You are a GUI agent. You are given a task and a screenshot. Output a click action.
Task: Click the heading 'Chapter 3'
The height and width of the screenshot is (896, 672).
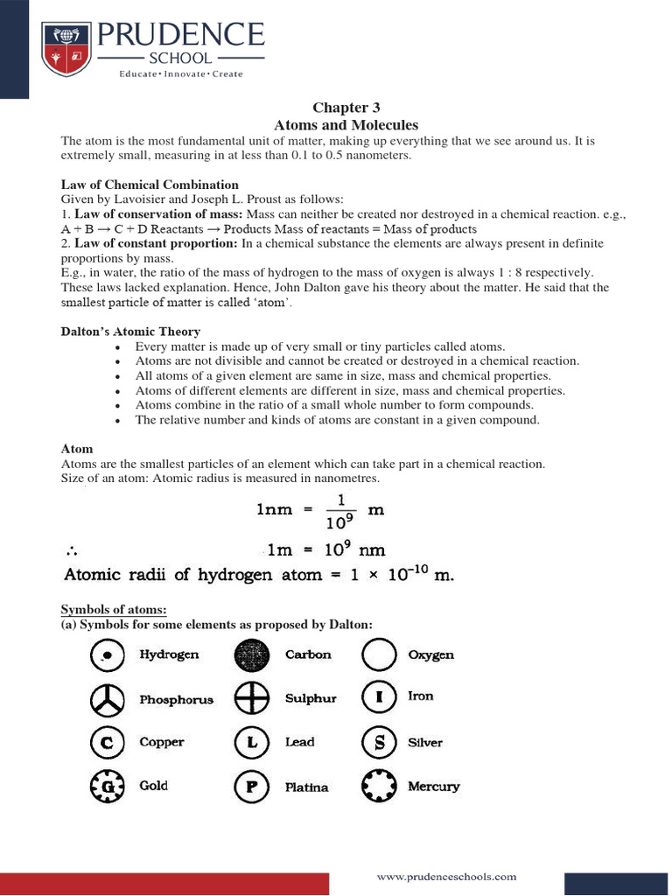tap(346, 108)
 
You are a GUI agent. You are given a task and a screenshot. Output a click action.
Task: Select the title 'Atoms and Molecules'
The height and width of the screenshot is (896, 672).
tap(346, 125)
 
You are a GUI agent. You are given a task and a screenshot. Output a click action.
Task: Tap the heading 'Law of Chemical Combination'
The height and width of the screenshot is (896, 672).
tap(150, 185)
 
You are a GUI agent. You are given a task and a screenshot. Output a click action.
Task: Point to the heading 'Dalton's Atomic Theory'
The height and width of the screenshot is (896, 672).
tap(130, 332)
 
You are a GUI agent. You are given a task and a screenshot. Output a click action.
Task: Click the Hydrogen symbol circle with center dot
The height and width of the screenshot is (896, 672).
tap(106, 654)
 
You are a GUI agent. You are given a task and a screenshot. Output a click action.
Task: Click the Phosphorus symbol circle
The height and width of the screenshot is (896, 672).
tap(106, 699)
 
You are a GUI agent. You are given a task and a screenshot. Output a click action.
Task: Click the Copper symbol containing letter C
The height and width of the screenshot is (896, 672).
tap(106, 743)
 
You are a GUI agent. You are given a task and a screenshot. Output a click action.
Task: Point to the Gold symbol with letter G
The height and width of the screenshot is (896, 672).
tap(106, 786)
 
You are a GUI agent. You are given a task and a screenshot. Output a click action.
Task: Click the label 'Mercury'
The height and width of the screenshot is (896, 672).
tap(433, 787)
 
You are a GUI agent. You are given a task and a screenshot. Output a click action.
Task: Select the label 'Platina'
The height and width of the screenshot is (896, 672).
tap(306, 787)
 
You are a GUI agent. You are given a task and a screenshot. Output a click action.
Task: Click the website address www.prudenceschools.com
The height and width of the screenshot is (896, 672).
tap(446, 876)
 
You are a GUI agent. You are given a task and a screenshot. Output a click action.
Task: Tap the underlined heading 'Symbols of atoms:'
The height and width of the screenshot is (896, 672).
tap(113, 609)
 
